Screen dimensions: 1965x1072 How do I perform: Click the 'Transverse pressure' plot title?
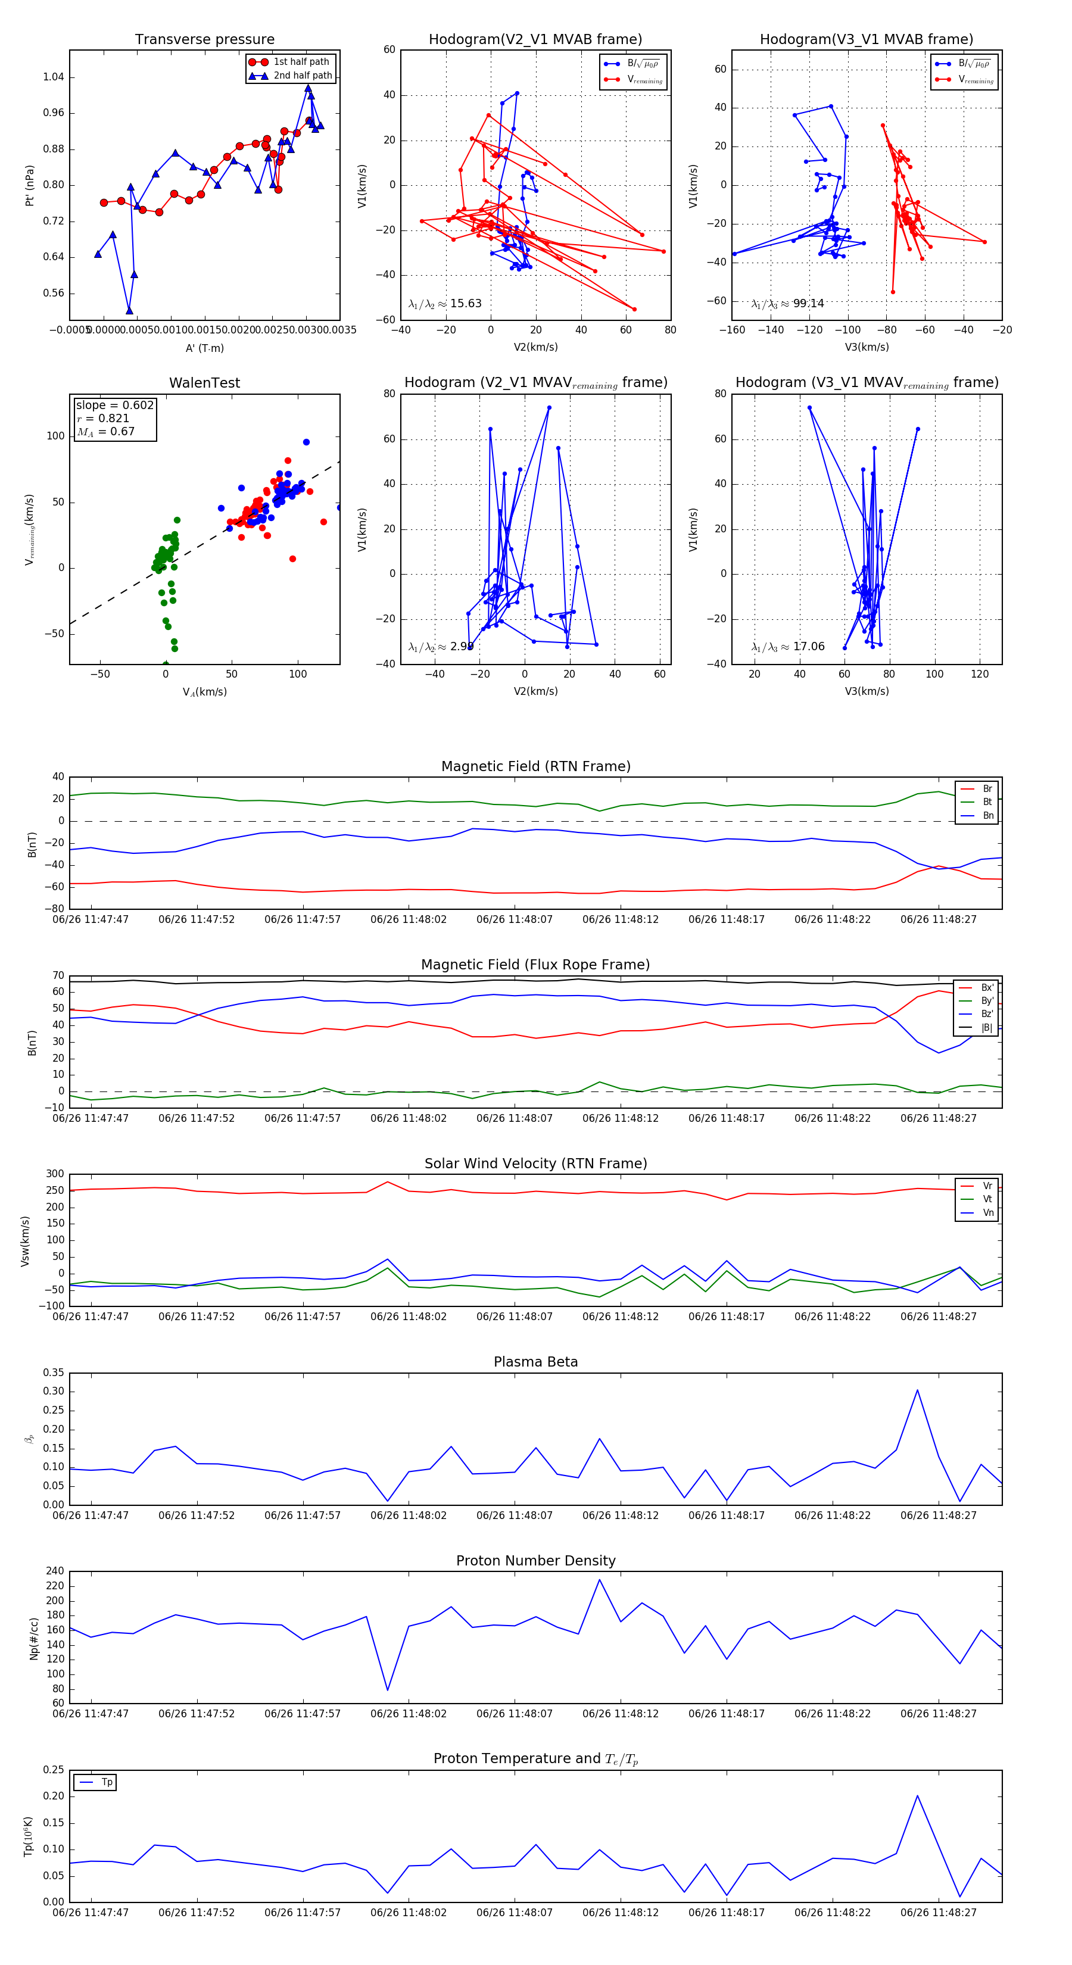204,40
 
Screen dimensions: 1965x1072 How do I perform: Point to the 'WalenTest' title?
204,383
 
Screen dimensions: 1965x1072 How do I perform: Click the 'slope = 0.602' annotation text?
114,405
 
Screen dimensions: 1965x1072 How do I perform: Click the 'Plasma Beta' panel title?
535,1362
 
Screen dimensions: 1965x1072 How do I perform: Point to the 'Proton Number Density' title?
535,1561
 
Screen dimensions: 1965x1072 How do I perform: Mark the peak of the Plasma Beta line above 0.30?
917,1390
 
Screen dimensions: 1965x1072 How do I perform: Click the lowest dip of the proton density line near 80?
388,1690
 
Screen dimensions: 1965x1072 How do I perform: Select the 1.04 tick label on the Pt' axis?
54,77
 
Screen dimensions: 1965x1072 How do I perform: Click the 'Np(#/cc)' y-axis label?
33,1637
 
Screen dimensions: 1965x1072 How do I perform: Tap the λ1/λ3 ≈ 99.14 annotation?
787,304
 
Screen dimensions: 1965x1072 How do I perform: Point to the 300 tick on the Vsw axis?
55,1174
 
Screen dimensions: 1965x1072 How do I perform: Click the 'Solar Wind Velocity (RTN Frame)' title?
535,1164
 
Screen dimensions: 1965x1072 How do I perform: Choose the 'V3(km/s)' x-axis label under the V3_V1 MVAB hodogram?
866,347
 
